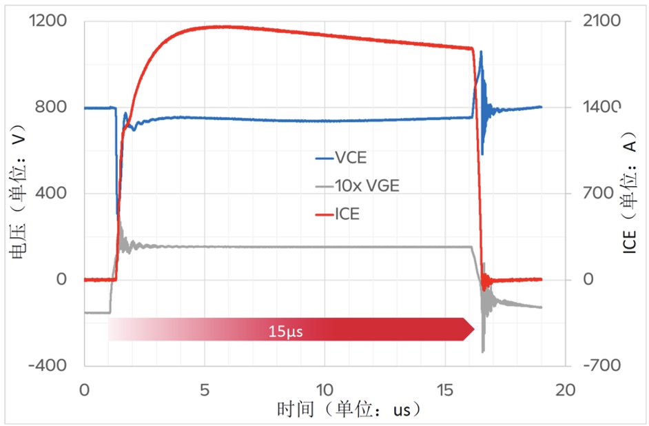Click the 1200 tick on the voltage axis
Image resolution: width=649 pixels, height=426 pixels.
[x=48, y=21]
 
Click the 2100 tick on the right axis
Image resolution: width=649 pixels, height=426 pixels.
[x=601, y=21]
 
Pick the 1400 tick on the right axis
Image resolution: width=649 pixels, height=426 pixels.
[x=601, y=108]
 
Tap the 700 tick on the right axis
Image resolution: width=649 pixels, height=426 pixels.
[x=597, y=194]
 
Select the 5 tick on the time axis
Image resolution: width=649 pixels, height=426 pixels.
[x=205, y=390]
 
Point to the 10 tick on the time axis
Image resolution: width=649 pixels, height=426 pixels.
[x=324, y=390]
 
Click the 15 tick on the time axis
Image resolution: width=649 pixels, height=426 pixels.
[x=444, y=390]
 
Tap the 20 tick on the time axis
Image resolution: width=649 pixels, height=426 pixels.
[x=564, y=390]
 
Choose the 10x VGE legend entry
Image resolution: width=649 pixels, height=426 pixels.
[x=365, y=185]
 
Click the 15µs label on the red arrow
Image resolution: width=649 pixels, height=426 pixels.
[x=285, y=331]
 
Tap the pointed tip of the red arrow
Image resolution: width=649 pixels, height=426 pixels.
[x=474, y=329]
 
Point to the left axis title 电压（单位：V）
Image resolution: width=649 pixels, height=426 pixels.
[x=17, y=194]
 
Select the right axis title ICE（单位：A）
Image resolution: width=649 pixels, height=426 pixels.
[x=631, y=194]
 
